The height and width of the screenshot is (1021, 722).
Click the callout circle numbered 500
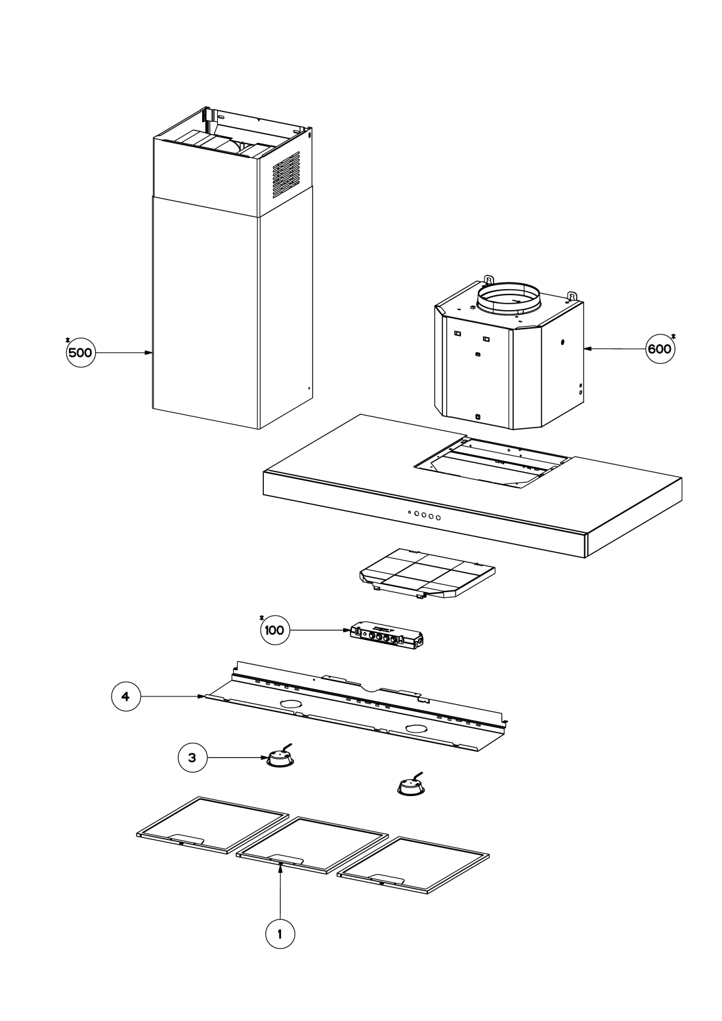pyautogui.click(x=80, y=353)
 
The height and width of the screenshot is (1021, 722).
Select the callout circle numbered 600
pyautogui.click(x=659, y=349)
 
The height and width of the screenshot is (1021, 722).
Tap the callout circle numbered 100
pyautogui.click(x=274, y=631)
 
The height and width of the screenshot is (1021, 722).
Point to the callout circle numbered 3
pyautogui.click(x=192, y=757)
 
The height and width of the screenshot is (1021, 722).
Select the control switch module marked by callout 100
pyautogui.click(x=387, y=637)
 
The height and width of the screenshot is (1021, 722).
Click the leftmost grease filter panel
pyautogui.click(x=213, y=824)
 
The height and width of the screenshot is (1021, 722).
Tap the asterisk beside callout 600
pyautogui.click(x=674, y=337)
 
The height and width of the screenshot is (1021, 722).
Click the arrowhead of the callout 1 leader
pyautogui.click(x=280, y=867)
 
